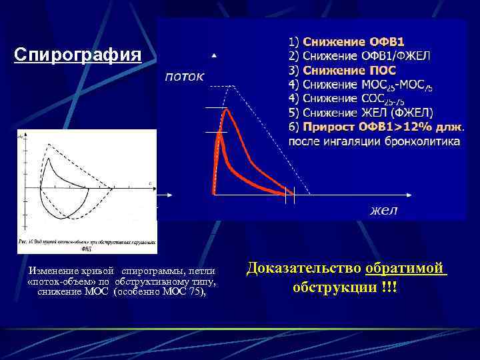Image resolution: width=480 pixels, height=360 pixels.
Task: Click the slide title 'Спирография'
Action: [78, 55]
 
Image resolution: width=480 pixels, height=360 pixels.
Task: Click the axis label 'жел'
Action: [384, 210]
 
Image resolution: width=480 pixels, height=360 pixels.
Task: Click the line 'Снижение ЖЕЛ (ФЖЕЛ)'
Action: [367, 112]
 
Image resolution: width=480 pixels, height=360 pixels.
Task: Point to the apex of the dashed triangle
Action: [233, 86]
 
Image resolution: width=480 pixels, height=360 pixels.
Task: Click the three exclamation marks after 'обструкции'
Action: [390, 287]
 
